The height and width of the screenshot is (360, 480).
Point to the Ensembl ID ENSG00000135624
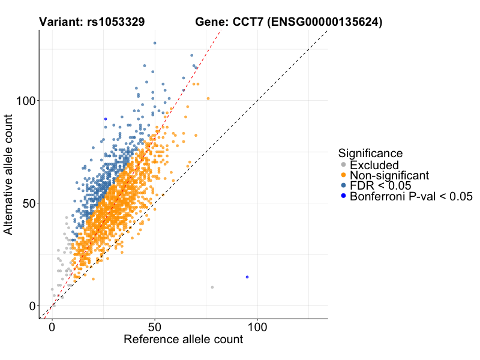325,22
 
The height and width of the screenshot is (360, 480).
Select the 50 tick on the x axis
155,328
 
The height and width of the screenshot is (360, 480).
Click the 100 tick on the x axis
257,328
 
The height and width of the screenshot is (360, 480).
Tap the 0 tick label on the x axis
52,328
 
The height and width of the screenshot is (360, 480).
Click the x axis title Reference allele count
183,340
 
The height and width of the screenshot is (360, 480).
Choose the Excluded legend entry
374,165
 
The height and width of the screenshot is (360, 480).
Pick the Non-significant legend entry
389,175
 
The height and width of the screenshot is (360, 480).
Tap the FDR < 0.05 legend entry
380,185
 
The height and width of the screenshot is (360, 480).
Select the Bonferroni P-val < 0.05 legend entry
411,196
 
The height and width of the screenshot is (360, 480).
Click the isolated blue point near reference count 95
247,277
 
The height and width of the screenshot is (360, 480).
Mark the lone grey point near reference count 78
212,287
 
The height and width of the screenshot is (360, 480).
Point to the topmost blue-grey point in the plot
155,43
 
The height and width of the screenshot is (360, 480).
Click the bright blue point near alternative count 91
105,119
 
